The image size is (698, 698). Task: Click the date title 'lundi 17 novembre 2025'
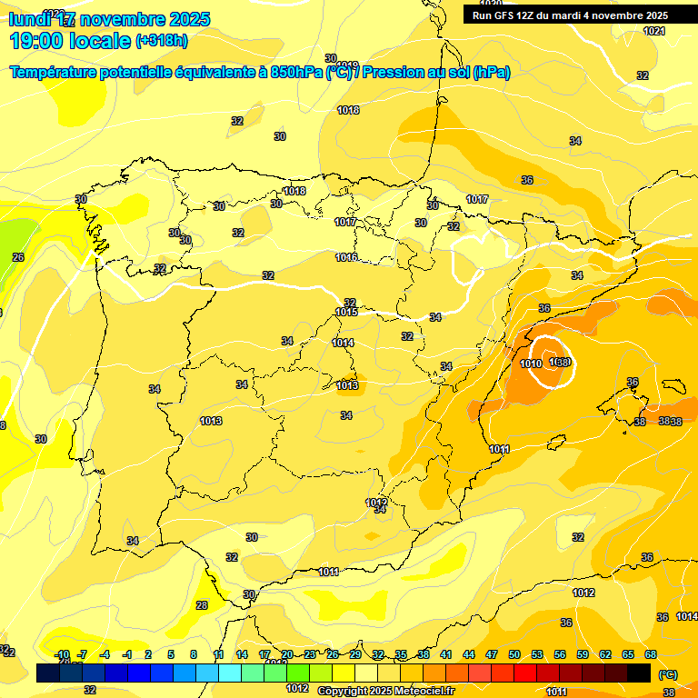pyautogui.click(x=109, y=19)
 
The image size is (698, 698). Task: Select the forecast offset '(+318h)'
pyautogui.click(x=163, y=41)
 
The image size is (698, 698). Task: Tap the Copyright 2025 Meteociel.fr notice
pyautogui.click(x=385, y=691)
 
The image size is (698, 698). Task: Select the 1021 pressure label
pyautogui.click(x=653, y=31)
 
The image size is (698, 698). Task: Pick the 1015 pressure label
pyautogui.click(x=346, y=312)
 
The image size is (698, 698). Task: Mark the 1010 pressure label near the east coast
pyautogui.click(x=531, y=364)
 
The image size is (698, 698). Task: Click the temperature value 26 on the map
pyautogui.click(x=18, y=257)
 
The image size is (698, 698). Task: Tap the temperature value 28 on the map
pyautogui.click(x=202, y=605)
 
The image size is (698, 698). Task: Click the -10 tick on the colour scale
pyautogui.click(x=62, y=654)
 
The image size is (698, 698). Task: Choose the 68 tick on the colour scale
pyautogui.click(x=651, y=654)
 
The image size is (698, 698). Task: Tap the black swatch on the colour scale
pyautogui.click(x=639, y=673)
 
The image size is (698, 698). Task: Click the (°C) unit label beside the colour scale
pyautogui.click(x=667, y=673)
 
